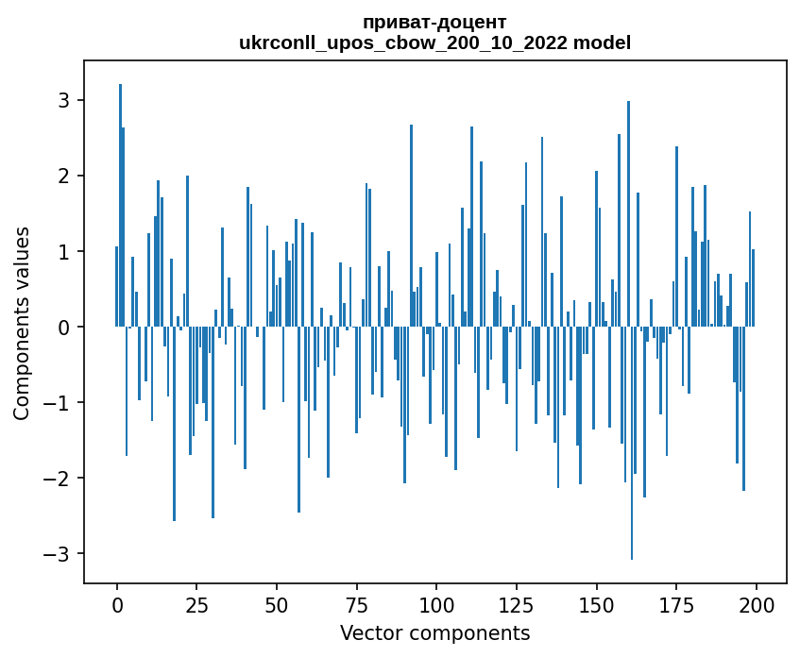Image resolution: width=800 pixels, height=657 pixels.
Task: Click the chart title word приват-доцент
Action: [434, 23]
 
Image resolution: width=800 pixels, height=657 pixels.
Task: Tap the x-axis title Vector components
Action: [434, 632]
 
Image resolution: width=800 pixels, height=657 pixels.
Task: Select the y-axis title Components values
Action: [22, 323]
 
